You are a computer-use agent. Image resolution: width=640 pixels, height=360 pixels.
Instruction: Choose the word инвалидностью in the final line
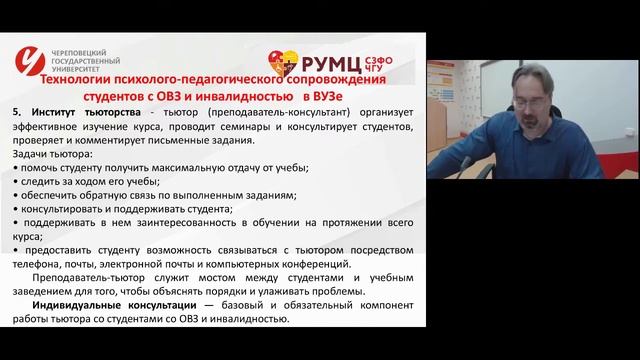(x=251, y=319)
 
